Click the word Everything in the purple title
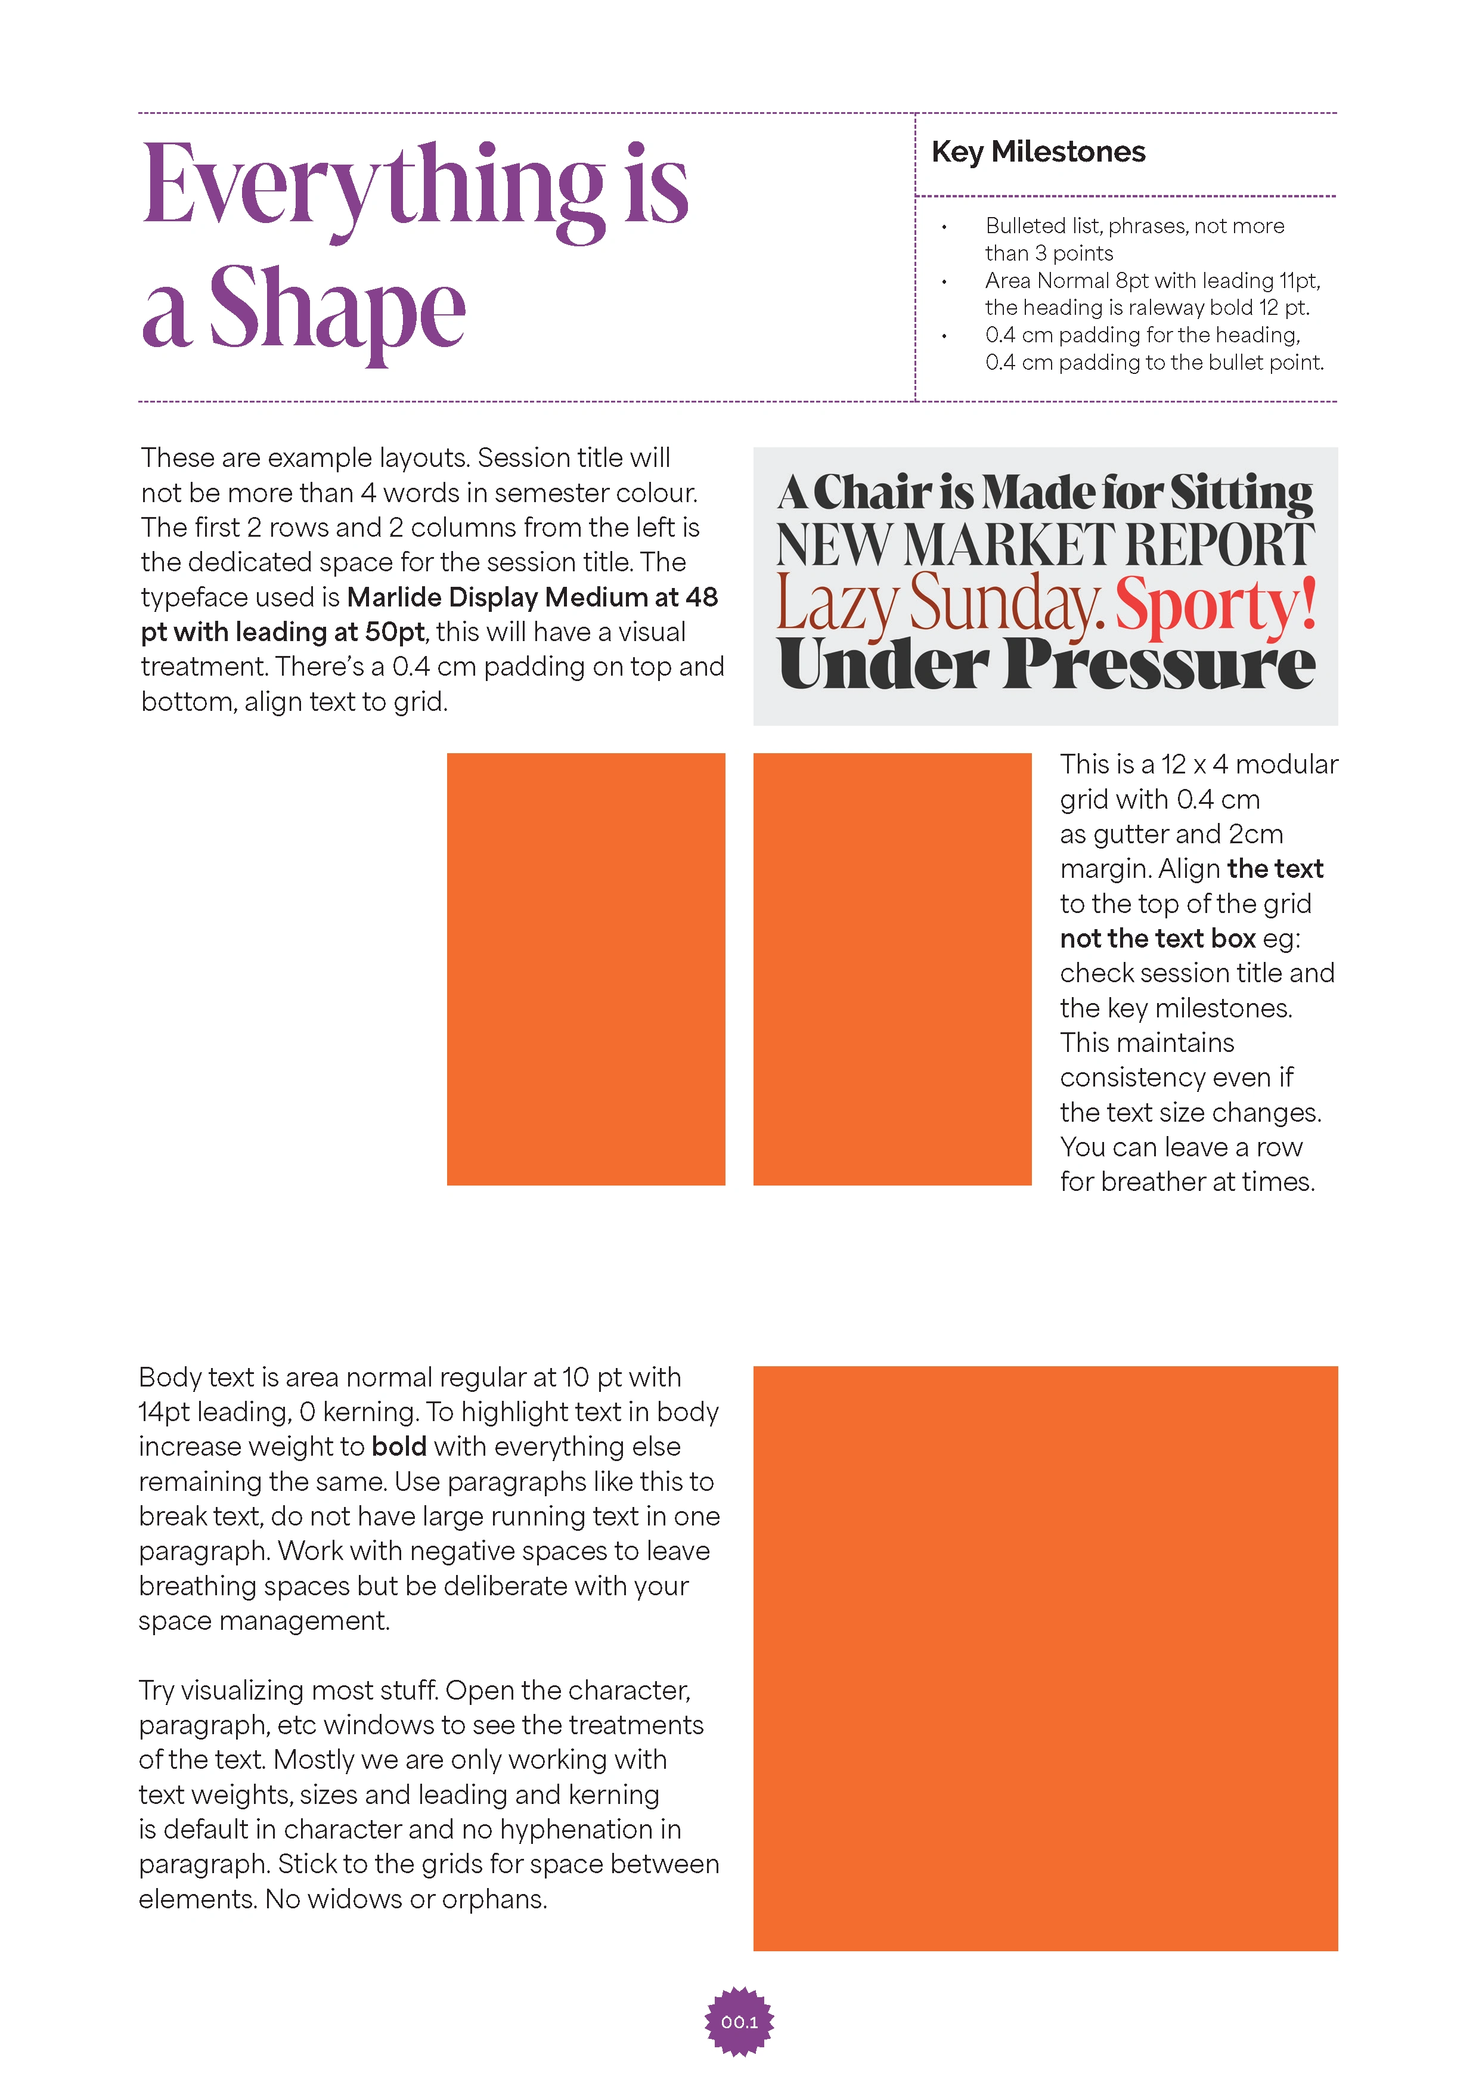[x=373, y=187]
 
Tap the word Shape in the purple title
[x=337, y=310]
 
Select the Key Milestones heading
[x=1038, y=151]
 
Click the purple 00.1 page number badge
[x=739, y=2022]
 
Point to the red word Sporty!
[x=1216, y=603]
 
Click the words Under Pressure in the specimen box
[x=1046, y=664]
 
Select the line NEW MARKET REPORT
[x=1046, y=545]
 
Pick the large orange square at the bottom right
[x=1046, y=1658]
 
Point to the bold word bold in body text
[x=399, y=1446]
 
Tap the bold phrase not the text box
[x=1158, y=939]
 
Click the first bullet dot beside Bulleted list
[x=944, y=227]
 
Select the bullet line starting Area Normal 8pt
[x=1152, y=281]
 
